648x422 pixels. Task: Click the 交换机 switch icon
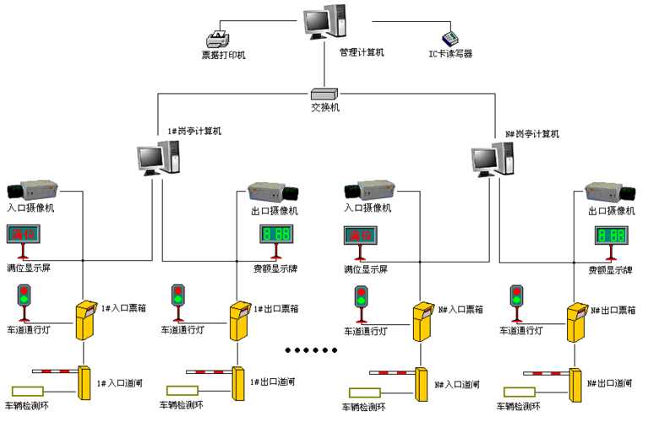(324, 94)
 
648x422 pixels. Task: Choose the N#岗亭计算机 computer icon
(493, 157)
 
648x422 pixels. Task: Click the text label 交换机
(324, 108)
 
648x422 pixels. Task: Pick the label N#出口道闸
(611, 384)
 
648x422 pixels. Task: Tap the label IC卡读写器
(450, 53)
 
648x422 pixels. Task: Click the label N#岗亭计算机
(531, 133)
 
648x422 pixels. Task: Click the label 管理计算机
(362, 52)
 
